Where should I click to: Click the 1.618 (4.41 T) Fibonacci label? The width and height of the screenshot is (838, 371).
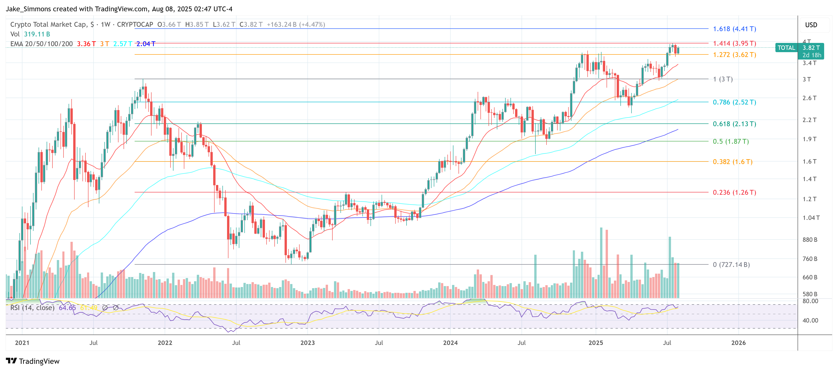click(x=734, y=29)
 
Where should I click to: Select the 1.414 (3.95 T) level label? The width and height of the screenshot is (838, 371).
click(x=734, y=44)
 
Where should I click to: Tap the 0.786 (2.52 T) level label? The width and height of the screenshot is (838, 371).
click(x=734, y=102)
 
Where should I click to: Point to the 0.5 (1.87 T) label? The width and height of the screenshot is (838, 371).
click(x=731, y=142)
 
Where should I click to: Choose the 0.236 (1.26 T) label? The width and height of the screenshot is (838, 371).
click(x=734, y=193)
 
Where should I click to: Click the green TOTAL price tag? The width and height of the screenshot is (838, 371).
click(x=786, y=48)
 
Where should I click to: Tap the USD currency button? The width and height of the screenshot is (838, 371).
click(x=811, y=25)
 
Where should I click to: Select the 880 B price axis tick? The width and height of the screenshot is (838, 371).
click(x=810, y=240)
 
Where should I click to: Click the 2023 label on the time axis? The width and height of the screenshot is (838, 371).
click(x=307, y=343)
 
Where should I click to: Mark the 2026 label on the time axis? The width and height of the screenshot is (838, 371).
click(x=738, y=343)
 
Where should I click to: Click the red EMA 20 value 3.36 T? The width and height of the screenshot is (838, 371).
click(x=86, y=44)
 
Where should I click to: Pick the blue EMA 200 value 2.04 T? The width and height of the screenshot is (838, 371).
click(x=146, y=44)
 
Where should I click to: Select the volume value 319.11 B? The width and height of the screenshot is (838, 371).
click(x=37, y=34)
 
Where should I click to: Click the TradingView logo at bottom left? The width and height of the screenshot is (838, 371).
click(x=33, y=361)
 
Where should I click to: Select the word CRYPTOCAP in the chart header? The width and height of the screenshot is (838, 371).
click(x=135, y=25)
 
